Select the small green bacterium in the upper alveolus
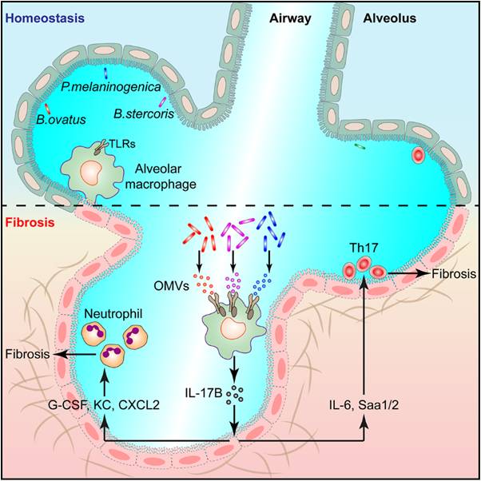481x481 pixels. tap(360, 147)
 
